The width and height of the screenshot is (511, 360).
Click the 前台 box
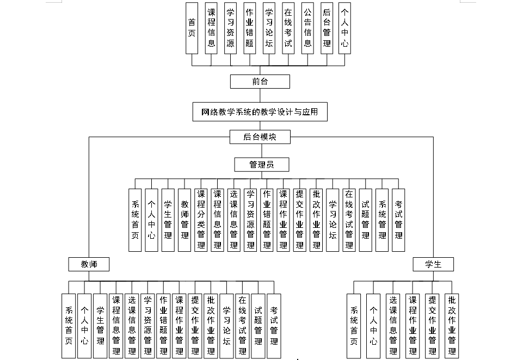[x=260, y=82]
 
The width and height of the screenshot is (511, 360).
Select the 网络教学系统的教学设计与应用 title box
[x=260, y=113]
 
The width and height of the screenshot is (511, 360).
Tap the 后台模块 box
[x=260, y=137]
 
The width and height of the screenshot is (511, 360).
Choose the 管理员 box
[x=261, y=164]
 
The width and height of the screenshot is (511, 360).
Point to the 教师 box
[x=89, y=264]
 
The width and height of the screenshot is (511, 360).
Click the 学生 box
[x=434, y=264]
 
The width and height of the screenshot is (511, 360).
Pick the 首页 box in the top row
[x=192, y=28]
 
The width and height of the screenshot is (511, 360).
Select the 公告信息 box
[x=307, y=28]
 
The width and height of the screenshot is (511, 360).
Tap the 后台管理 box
[x=326, y=28]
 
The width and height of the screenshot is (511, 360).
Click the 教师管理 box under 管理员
[x=184, y=220]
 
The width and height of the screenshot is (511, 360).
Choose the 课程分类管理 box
[x=201, y=220]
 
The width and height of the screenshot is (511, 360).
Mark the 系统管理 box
[x=383, y=220]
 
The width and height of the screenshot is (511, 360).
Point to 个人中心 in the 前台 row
[x=344, y=28]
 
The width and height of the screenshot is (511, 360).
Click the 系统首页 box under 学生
[x=354, y=325]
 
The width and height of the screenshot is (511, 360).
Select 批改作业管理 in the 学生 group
[x=451, y=325]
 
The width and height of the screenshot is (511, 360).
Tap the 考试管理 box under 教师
[x=274, y=325]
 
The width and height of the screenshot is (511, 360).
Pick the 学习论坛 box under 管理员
[x=333, y=220]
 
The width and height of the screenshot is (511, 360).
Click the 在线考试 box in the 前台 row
[x=288, y=28]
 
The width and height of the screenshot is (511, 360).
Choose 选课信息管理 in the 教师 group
[x=131, y=325]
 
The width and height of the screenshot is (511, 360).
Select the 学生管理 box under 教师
[x=100, y=325]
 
